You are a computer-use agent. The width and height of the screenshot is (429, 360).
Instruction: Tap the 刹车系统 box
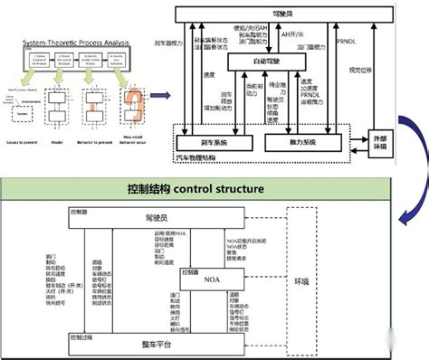(x=214, y=142)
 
